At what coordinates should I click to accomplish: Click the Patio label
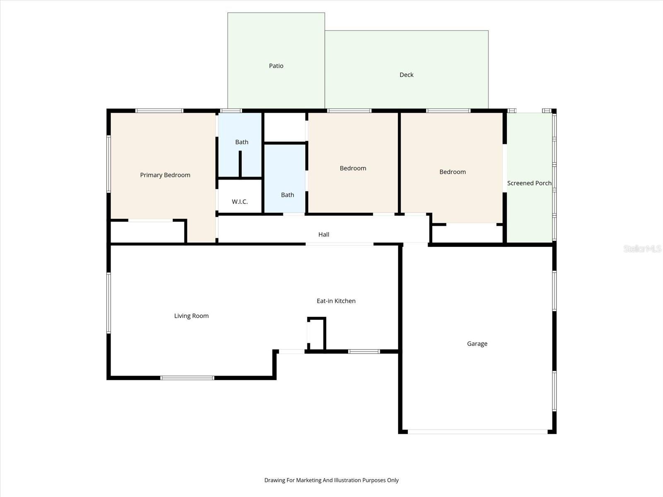(276, 66)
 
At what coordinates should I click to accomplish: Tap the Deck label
(406, 75)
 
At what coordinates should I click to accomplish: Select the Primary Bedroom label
(165, 175)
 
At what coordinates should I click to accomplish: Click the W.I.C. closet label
(240, 202)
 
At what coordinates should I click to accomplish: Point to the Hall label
(324, 234)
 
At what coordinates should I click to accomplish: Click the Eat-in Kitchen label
(336, 301)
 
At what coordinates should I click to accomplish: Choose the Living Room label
(191, 316)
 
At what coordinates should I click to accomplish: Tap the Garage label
(477, 344)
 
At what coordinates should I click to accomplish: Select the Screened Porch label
(529, 183)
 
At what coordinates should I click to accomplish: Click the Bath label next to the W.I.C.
(287, 195)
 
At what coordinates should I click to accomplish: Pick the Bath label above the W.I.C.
(242, 142)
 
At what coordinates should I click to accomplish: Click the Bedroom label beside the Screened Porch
(452, 172)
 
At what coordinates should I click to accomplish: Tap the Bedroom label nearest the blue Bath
(353, 168)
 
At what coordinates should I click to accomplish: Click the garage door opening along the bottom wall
(477, 432)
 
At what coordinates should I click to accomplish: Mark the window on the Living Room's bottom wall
(187, 378)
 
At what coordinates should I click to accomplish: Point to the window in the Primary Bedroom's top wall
(160, 111)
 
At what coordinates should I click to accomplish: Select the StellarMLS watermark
(642, 249)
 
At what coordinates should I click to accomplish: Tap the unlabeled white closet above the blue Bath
(285, 127)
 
